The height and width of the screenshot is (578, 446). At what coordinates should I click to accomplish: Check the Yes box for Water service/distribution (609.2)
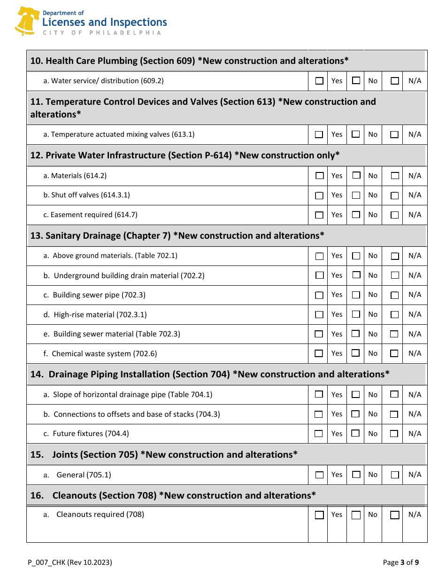pyautogui.click(x=319, y=81)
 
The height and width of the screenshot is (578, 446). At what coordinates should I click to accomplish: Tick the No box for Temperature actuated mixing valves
pyautogui.click(x=356, y=134)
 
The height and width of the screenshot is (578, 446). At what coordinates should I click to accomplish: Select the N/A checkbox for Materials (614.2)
pyautogui.click(x=395, y=176)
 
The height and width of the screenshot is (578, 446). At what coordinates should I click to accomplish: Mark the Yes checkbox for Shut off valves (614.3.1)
pyautogui.click(x=319, y=195)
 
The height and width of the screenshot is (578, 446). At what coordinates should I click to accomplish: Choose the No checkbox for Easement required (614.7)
pyautogui.click(x=356, y=215)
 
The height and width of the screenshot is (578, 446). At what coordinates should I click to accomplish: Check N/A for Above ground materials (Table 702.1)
pyautogui.click(x=395, y=256)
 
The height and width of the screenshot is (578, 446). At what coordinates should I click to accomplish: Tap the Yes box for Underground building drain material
pyautogui.click(x=319, y=275)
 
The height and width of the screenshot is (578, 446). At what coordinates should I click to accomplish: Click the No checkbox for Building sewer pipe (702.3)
pyautogui.click(x=356, y=295)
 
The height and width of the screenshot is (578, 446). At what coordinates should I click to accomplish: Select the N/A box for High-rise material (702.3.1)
pyautogui.click(x=395, y=314)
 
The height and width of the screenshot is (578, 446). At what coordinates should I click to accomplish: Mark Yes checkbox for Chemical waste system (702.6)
pyautogui.click(x=319, y=353)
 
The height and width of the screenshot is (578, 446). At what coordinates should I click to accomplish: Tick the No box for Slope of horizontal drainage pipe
pyautogui.click(x=356, y=394)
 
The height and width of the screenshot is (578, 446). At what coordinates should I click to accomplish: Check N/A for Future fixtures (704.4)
pyautogui.click(x=394, y=433)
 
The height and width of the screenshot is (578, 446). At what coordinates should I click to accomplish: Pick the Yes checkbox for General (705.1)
pyautogui.click(x=319, y=475)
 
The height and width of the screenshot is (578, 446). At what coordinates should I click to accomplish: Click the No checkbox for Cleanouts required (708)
pyautogui.click(x=356, y=515)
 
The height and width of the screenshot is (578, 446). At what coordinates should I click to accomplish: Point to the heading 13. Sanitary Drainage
pyautogui.click(x=177, y=235)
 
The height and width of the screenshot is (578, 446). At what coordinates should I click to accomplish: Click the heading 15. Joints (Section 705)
pyautogui.click(x=164, y=454)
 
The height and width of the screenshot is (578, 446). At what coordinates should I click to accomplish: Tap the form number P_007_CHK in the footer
pyautogui.click(x=70, y=562)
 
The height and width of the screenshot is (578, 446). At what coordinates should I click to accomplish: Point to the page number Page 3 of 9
pyautogui.click(x=400, y=562)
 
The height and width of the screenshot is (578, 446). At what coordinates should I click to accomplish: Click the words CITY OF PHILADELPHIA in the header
pyautogui.click(x=102, y=33)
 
